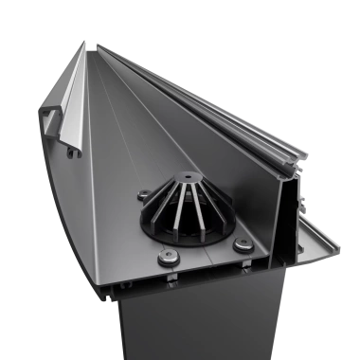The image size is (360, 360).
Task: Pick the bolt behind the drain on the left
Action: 143,196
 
